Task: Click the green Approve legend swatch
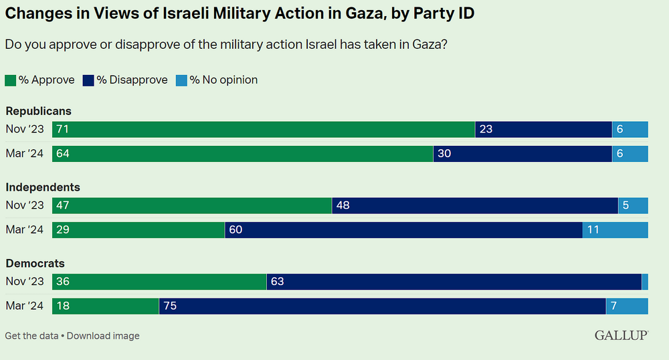(x=10, y=80)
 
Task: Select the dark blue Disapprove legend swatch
(x=88, y=80)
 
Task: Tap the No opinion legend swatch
(x=181, y=80)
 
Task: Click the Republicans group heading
(x=38, y=111)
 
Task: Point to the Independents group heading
(x=43, y=187)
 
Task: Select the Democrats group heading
(x=35, y=264)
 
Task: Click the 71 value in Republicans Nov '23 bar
(x=63, y=129)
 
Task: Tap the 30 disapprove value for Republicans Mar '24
(x=444, y=154)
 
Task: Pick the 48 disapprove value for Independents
(x=343, y=205)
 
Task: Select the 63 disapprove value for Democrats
(x=277, y=282)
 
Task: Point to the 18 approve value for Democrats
(x=63, y=306)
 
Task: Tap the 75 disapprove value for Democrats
(x=169, y=306)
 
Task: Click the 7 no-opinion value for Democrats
(x=615, y=306)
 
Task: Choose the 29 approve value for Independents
(x=63, y=230)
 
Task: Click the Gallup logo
(x=621, y=335)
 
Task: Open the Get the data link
(x=31, y=336)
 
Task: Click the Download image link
(x=103, y=336)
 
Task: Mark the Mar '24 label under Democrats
(x=24, y=306)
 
